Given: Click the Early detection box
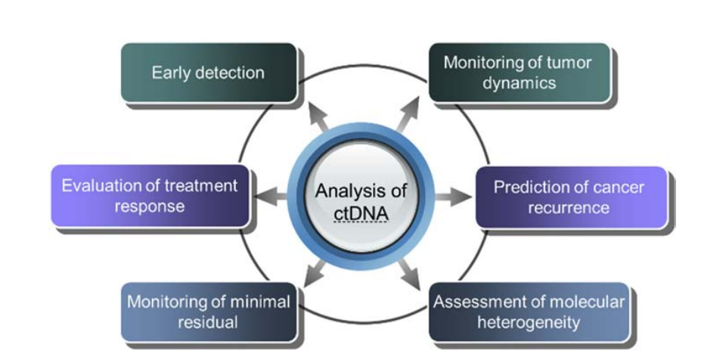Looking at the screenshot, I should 208,73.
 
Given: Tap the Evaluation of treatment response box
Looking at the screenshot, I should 150,195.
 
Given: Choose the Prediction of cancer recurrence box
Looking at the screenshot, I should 572,197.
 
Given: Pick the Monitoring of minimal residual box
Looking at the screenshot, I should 208,312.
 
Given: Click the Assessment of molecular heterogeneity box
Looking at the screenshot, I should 529,312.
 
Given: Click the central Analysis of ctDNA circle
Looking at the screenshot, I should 360,199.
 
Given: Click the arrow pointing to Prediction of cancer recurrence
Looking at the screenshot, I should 453,198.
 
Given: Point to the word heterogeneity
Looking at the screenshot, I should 529,322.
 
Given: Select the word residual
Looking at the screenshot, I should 209,322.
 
